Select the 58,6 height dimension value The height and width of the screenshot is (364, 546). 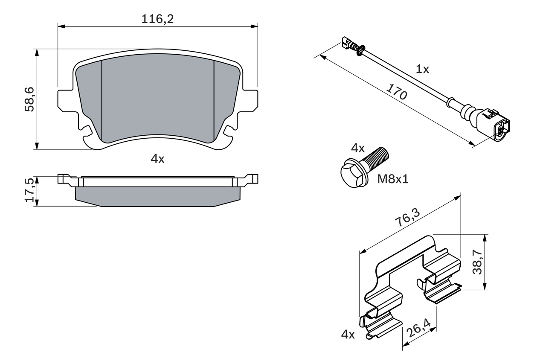(x=29, y=99)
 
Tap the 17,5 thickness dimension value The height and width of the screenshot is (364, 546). (x=29, y=191)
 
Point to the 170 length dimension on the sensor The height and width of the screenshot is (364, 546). (x=396, y=92)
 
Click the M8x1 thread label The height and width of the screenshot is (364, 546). (x=392, y=179)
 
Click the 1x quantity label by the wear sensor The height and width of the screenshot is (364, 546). (x=422, y=69)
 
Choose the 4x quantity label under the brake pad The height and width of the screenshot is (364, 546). (x=157, y=159)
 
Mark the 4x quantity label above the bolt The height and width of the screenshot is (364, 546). (x=357, y=149)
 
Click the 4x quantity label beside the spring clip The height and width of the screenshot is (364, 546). (x=348, y=335)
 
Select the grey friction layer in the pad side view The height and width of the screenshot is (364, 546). (x=158, y=197)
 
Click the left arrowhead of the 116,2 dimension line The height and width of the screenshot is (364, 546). (x=61, y=26)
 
